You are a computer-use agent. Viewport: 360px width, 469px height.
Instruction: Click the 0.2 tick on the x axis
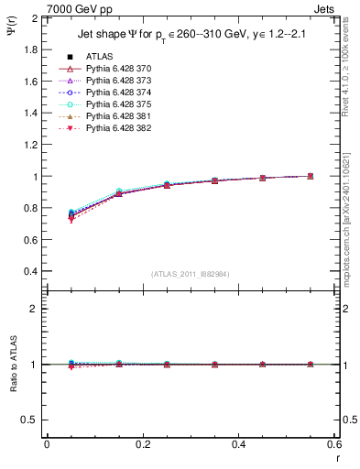[142, 443]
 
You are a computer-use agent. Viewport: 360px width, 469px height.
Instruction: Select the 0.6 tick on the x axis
[334, 443]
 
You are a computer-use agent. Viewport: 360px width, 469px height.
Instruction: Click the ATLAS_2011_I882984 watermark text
[191, 274]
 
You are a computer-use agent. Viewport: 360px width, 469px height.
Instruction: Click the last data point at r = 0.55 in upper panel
[311, 176]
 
